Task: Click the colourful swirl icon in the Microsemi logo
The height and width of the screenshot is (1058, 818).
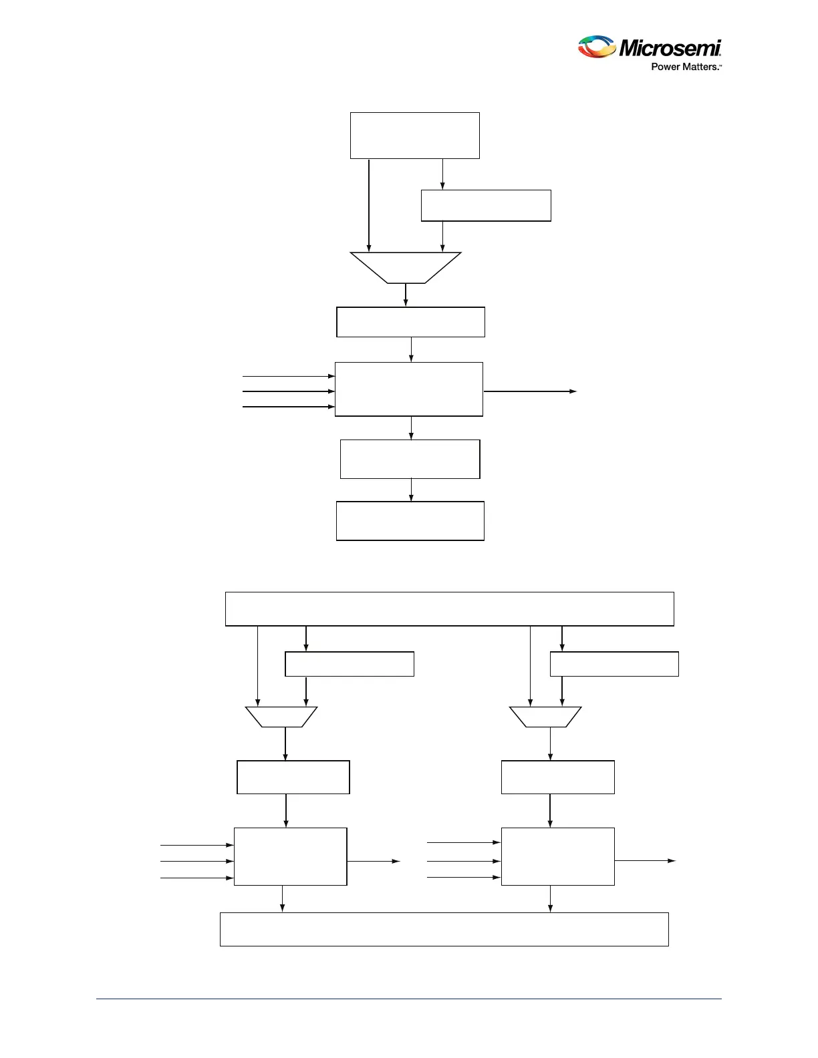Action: pos(596,47)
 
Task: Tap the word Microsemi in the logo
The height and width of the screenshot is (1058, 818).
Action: pos(670,48)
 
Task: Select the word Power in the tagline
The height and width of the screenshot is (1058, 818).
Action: pos(665,67)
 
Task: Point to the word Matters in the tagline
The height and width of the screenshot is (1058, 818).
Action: pos(698,67)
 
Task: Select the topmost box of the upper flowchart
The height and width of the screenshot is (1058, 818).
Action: pos(415,136)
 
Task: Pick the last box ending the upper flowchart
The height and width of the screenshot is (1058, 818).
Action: pos(410,521)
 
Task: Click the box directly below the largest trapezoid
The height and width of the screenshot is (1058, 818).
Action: pos(410,322)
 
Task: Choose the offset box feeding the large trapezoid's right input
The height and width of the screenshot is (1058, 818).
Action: pos(486,206)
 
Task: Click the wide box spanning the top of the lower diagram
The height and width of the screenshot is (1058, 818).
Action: pos(449,608)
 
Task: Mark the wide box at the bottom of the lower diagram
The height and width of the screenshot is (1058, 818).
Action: pos(444,929)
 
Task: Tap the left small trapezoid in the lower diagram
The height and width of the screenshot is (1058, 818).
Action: pos(281,717)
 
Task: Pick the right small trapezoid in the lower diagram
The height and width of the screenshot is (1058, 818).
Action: pos(545,717)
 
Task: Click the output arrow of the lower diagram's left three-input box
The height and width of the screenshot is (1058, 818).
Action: pos(374,862)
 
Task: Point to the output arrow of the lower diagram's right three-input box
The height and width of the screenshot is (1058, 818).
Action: pos(645,861)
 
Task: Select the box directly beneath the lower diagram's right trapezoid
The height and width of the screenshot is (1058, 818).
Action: pos(558,777)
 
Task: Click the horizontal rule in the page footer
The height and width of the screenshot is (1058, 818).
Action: pos(409,999)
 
